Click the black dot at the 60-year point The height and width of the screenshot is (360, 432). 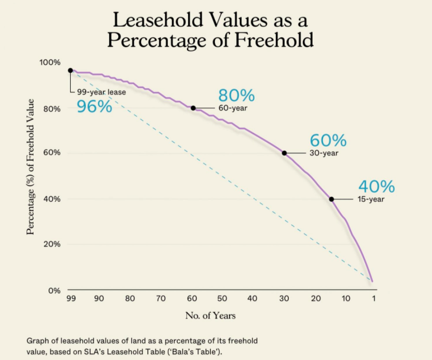click(193, 108)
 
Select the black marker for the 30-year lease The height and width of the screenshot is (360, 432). click(284, 153)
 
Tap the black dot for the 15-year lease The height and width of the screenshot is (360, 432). click(331, 199)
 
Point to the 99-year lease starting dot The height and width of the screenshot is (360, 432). click(70, 70)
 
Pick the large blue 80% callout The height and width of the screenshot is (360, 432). click(236, 96)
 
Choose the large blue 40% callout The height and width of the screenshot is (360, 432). click(376, 186)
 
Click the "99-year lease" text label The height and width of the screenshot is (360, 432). click(101, 92)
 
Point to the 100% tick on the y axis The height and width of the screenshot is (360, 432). click(50, 62)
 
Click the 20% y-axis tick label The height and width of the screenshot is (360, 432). click(52, 244)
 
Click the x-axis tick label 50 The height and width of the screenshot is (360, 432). click(222, 298)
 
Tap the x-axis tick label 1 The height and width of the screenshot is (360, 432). click(374, 298)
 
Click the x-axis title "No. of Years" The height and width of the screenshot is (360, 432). click(211, 315)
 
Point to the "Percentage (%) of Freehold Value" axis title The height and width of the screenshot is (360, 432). click(31, 166)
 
